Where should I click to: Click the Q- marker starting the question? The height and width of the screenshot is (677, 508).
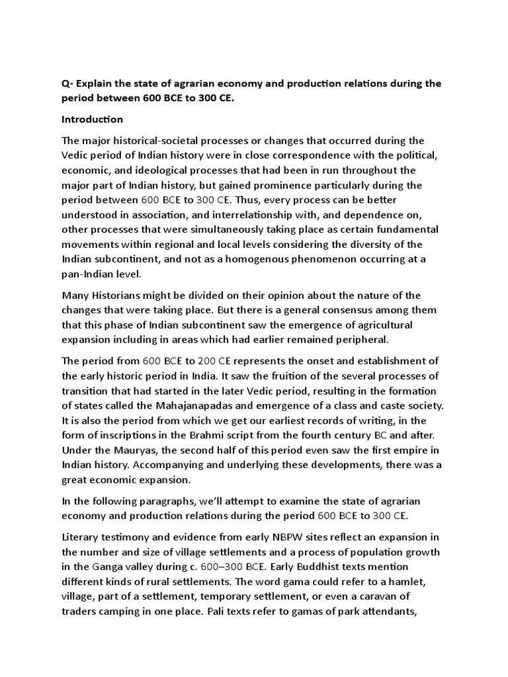click(67, 84)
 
